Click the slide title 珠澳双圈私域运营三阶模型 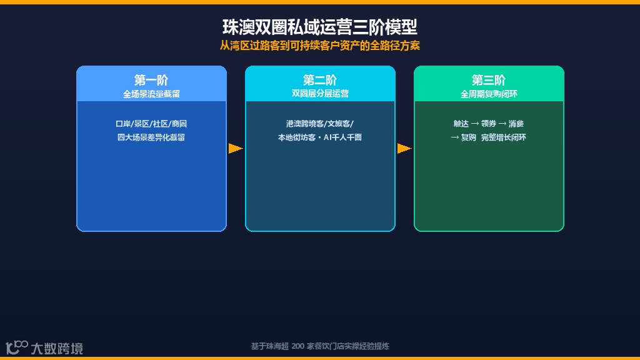(319, 27)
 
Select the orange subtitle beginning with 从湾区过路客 (319, 46)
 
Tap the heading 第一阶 (151, 80)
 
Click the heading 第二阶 (320, 80)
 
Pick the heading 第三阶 (489, 80)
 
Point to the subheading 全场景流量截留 (151, 94)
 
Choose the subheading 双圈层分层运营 (320, 94)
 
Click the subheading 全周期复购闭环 (489, 94)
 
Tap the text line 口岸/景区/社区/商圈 (151, 124)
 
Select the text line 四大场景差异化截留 (151, 137)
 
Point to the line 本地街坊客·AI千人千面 (320, 137)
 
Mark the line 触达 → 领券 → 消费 (489, 124)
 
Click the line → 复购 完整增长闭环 (489, 137)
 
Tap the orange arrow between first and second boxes (236, 149)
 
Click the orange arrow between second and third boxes (404, 149)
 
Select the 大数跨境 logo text (57, 348)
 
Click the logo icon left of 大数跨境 (17, 346)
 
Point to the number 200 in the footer (297, 346)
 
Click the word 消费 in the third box (516, 124)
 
